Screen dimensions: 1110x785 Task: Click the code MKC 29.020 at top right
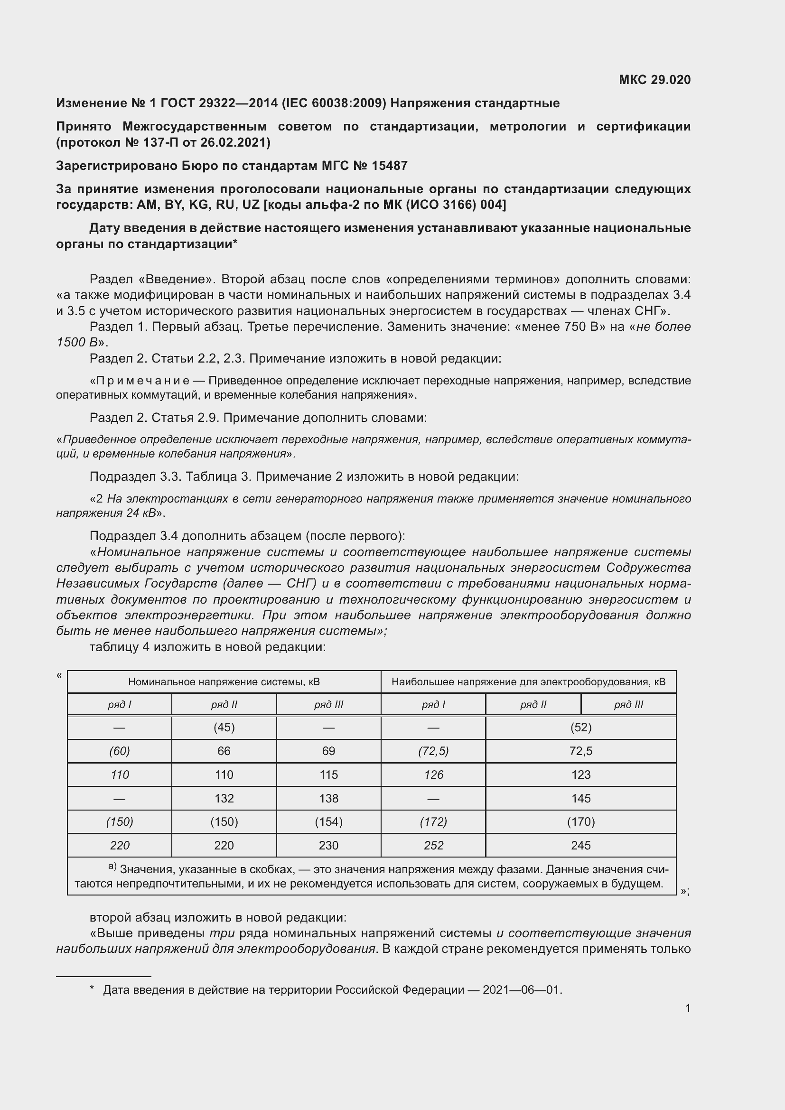pyautogui.click(x=654, y=80)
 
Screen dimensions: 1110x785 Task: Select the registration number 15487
pyautogui.click(x=389, y=166)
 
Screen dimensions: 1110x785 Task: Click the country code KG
pyautogui.click(x=198, y=205)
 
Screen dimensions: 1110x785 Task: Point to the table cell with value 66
pyautogui.click(x=224, y=751)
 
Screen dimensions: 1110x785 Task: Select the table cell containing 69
pyautogui.click(x=329, y=751)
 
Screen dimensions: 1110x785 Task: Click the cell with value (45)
pyautogui.click(x=224, y=728)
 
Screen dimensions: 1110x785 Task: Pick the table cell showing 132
pyautogui.click(x=224, y=798)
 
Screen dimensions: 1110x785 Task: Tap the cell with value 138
pyautogui.click(x=329, y=798)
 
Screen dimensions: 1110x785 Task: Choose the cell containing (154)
pyautogui.click(x=329, y=822)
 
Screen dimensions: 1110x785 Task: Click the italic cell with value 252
pyautogui.click(x=434, y=846)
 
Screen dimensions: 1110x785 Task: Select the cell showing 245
pyautogui.click(x=580, y=846)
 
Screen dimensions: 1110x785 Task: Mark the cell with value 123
pyautogui.click(x=580, y=774)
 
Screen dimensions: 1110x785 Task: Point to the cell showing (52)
pyautogui.click(x=580, y=728)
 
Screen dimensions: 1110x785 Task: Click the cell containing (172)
pyautogui.click(x=434, y=822)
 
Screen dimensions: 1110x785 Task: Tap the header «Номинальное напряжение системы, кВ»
pyautogui.click(x=224, y=682)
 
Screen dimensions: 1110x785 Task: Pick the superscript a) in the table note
pyautogui.click(x=112, y=866)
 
